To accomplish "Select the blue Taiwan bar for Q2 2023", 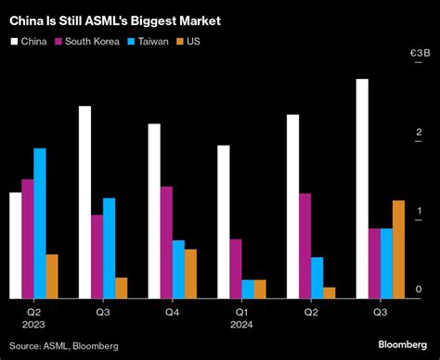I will pyautogui.click(x=40, y=223).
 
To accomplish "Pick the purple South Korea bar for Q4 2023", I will pyautogui.click(x=166, y=242).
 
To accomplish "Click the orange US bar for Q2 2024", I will pyautogui.click(x=329, y=292).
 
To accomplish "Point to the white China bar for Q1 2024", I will pyautogui.click(x=223, y=222).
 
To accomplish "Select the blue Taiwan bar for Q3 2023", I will pyautogui.click(x=110, y=248).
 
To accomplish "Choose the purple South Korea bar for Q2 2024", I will pyautogui.click(x=304, y=246).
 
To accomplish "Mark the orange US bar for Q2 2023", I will pyautogui.click(x=52, y=276).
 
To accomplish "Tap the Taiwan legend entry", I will pyautogui.click(x=159, y=41).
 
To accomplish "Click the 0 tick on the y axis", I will pyautogui.click(x=419, y=290).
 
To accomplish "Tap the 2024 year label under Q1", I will pyautogui.click(x=242, y=325).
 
